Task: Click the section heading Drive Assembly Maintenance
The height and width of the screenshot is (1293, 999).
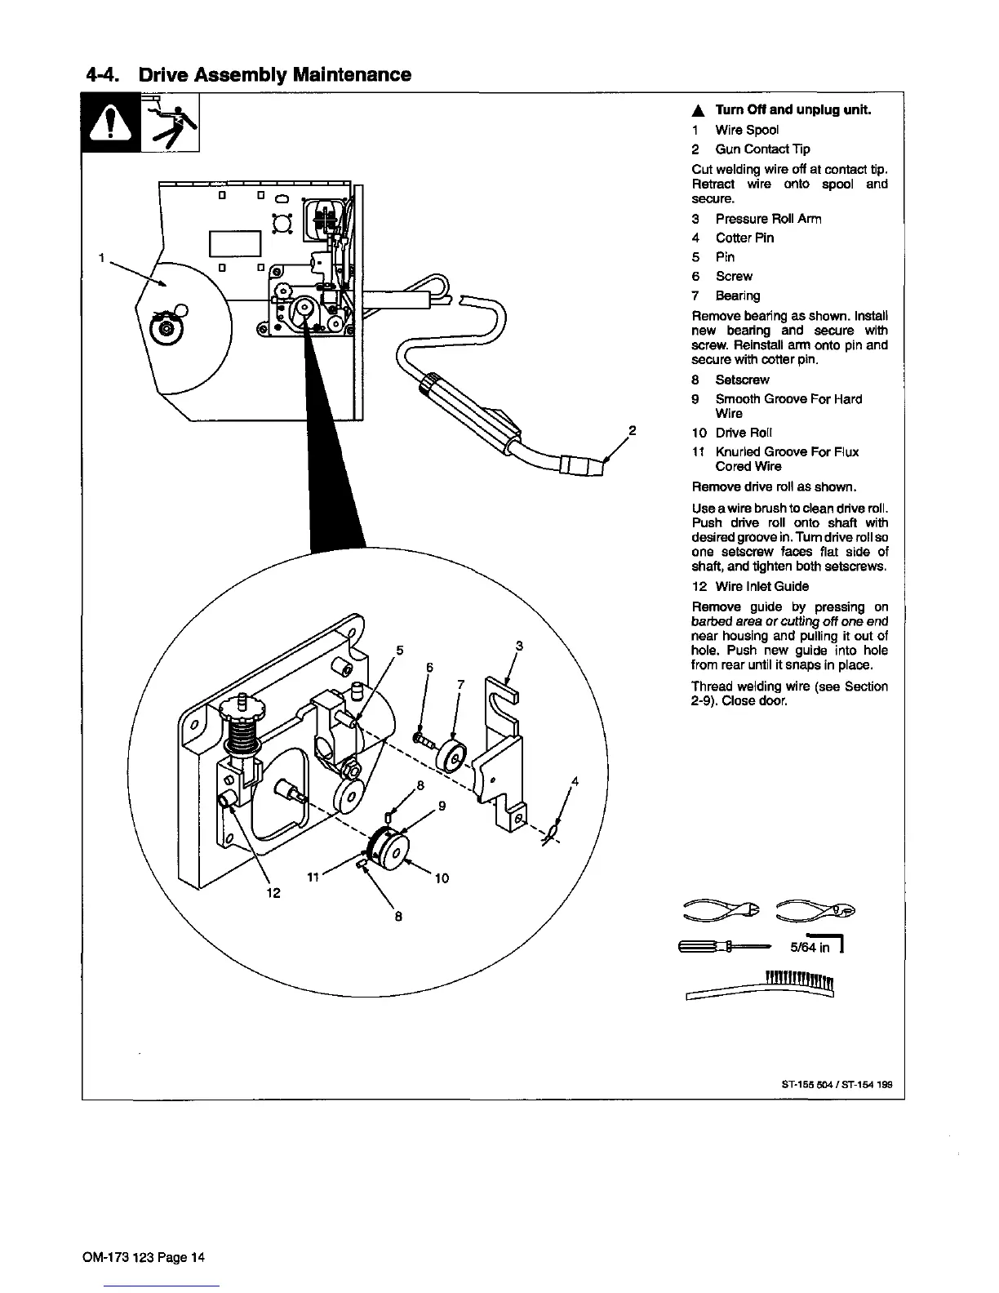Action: point(249,75)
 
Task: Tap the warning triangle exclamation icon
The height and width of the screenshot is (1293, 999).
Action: point(112,124)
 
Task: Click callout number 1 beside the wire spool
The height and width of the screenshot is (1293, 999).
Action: point(100,258)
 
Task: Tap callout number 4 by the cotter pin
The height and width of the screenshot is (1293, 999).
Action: point(575,781)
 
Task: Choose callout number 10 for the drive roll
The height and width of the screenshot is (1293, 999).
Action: point(442,878)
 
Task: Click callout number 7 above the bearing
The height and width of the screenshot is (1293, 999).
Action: point(460,685)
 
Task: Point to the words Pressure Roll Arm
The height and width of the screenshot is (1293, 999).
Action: point(768,219)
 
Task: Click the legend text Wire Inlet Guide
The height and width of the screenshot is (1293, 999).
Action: point(761,586)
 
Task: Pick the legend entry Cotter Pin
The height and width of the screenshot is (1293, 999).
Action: point(744,238)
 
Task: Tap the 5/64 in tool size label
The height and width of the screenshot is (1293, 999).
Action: point(810,949)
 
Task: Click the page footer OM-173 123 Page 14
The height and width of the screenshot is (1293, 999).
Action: point(144,1257)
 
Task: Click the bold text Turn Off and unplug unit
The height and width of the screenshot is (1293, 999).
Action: point(793,110)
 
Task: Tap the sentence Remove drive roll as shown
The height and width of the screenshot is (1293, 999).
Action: point(774,487)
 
